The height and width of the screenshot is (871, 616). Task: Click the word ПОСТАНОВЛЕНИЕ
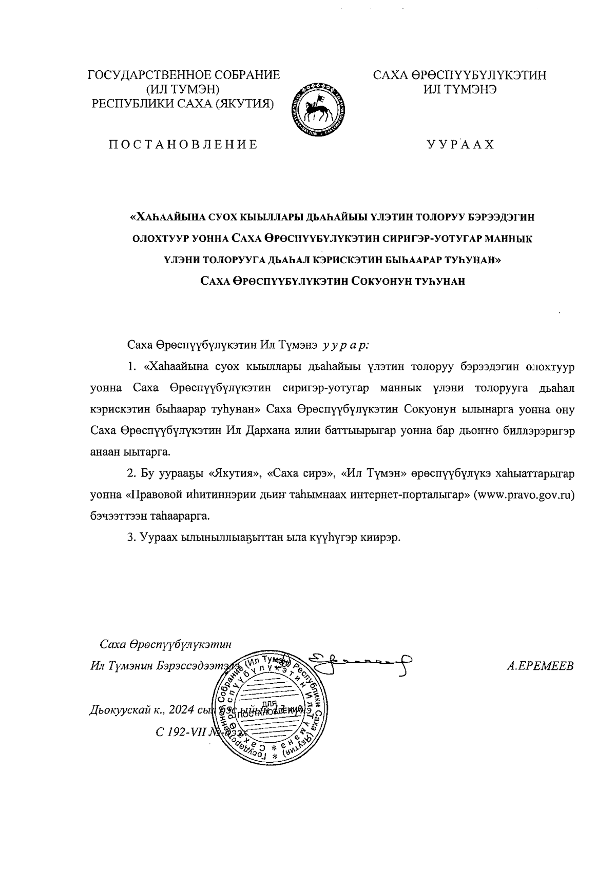point(182,145)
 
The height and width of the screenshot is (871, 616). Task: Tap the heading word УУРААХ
point(460,145)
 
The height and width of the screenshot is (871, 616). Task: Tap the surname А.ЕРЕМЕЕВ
point(540,666)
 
